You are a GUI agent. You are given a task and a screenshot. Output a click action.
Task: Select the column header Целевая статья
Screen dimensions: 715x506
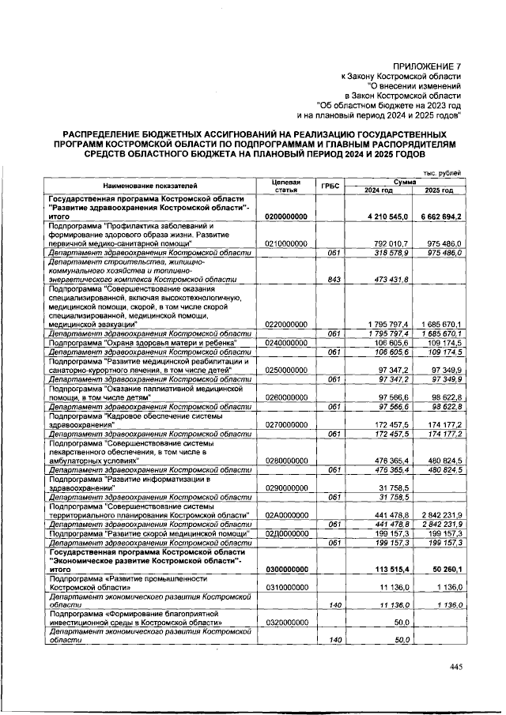coord(285,186)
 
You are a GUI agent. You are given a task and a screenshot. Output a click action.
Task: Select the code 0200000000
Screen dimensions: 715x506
coord(286,216)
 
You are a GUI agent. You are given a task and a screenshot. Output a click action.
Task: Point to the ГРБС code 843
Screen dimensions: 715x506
coord(333,280)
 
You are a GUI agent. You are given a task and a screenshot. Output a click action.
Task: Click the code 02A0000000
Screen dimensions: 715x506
coord(286,515)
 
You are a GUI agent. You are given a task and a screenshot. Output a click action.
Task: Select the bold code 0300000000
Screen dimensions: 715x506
coord(286,568)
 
